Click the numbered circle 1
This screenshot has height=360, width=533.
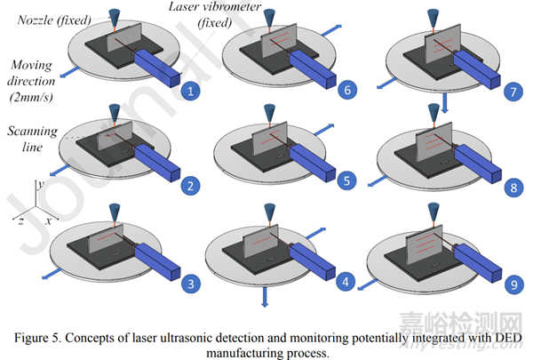tap(187, 90)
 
